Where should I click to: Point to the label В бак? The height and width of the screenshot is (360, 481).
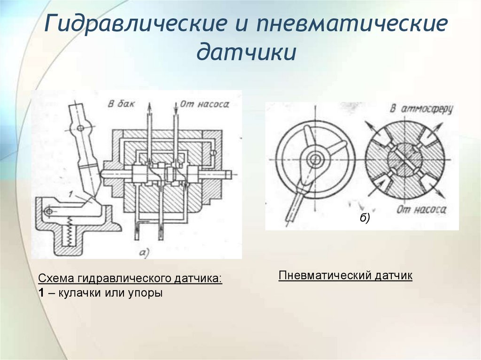121,104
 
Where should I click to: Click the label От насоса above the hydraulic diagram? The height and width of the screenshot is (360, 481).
204,104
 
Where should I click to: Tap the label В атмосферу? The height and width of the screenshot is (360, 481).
420,109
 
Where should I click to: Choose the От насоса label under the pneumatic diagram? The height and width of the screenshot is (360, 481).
421,210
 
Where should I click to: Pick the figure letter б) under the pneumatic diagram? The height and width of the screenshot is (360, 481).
365,218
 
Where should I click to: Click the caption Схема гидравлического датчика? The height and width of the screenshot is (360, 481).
130,278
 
